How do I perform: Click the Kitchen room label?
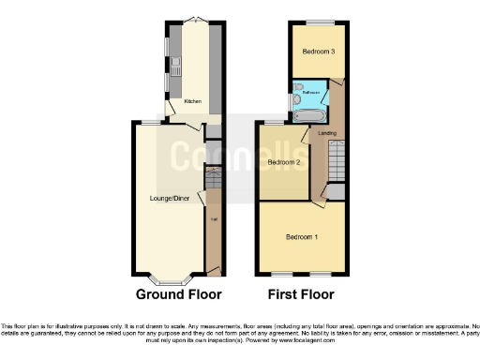pyautogui.click(x=192, y=101)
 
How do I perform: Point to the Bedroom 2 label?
pyautogui.click(x=283, y=162)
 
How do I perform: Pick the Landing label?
pyautogui.click(x=327, y=133)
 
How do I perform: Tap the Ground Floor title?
pyautogui.click(x=178, y=294)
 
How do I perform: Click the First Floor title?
pyautogui.click(x=301, y=294)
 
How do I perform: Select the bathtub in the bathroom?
pyautogui.click(x=308, y=115)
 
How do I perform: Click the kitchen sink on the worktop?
pyautogui.click(x=174, y=67)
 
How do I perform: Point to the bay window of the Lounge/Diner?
pyautogui.click(x=171, y=278)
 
